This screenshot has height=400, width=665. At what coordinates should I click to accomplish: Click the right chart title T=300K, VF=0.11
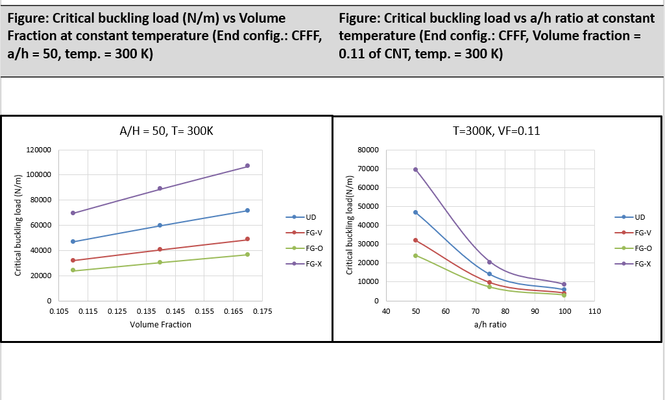pyautogui.click(x=496, y=131)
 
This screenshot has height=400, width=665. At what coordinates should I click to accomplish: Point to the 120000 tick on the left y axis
pyautogui.click(x=38, y=150)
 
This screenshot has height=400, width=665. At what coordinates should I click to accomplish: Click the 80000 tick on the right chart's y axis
pyautogui.click(x=367, y=150)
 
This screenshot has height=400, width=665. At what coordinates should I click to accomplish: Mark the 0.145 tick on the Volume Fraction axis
pyautogui.click(x=175, y=312)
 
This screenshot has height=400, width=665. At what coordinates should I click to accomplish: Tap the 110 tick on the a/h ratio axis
pyautogui.click(x=594, y=312)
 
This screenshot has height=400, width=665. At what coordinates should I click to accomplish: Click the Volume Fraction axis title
pyautogui.click(x=160, y=324)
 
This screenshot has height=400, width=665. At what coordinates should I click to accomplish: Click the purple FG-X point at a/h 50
pyautogui.click(x=416, y=170)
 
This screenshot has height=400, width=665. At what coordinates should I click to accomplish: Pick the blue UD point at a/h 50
pyautogui.click(x=416, y=212)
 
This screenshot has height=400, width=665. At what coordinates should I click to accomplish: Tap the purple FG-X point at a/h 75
pyautogui.click(x=490, y=262)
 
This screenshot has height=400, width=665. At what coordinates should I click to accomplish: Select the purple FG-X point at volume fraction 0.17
pyautogui.click(x=247, y=166)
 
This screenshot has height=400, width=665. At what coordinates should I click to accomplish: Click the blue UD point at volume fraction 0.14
pyautogui.click(x=160, y=226)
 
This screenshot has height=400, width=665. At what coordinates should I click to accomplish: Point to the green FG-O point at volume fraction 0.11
pyautogui.click(x=73, y=270)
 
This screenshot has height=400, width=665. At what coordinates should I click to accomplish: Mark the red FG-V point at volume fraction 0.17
pyautogui.click(x=247, y=239)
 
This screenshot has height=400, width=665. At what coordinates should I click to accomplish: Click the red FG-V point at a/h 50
pyautogui.click(x=416, y=241)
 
